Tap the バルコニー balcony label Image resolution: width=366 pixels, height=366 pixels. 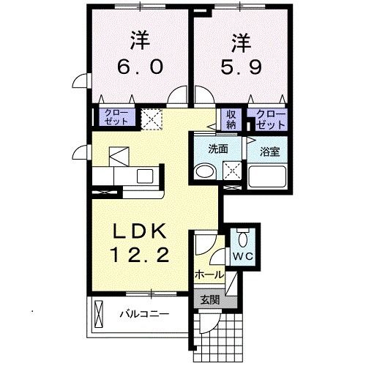pyautogui.click(x=144, y=315)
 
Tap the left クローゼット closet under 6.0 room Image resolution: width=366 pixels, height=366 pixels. pyautogui.click(x=117, y=117)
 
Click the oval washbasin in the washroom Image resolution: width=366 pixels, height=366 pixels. pyautogui.click(x=204, y=172)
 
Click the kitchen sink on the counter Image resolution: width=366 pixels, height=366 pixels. pyautogui.click(x=144, y=176)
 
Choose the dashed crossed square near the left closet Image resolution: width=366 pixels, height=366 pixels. pyautogui.click(x=152, y=117)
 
